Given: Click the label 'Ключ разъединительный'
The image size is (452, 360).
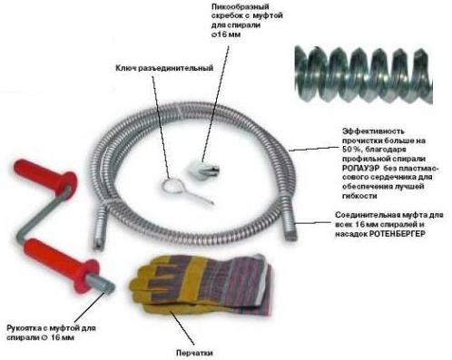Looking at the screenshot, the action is (164, 68).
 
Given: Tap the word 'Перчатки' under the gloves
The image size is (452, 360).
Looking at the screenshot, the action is (194, 353).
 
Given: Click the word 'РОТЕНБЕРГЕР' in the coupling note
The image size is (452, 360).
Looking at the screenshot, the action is (398, 234).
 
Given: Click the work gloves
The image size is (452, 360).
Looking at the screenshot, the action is (202, 284).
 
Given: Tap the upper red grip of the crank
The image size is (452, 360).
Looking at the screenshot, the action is (45, 178).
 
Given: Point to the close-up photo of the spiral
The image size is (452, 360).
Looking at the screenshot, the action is (364, 75).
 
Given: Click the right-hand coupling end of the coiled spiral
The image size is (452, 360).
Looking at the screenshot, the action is (290, 223).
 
